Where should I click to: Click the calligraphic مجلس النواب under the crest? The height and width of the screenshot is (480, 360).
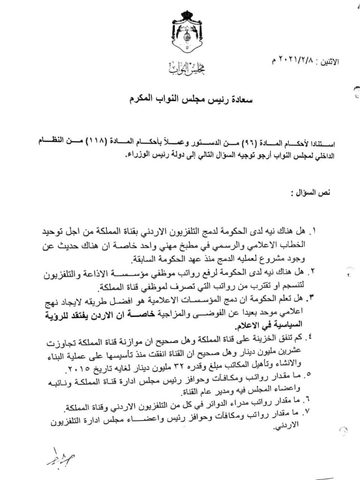click(187, 69)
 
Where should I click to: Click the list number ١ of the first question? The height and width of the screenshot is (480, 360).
click(315, 231)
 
